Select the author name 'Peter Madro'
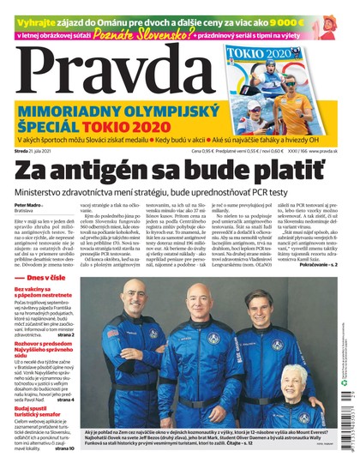click(x=29, y=207)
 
